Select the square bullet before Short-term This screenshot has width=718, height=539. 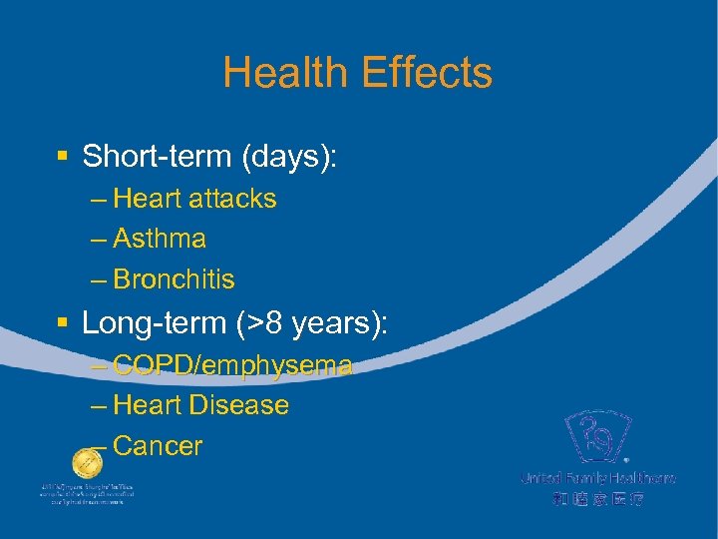click(62, 158)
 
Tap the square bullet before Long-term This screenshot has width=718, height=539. click(62, 323)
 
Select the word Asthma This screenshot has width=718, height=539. click(160, 239)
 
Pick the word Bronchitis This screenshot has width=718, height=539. click(175, 278)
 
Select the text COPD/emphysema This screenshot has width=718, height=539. click(232, 365)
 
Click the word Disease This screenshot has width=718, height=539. click(238, 405)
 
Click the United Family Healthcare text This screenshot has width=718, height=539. click(597, 478)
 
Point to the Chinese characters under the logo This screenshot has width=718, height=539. click(597, 498)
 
